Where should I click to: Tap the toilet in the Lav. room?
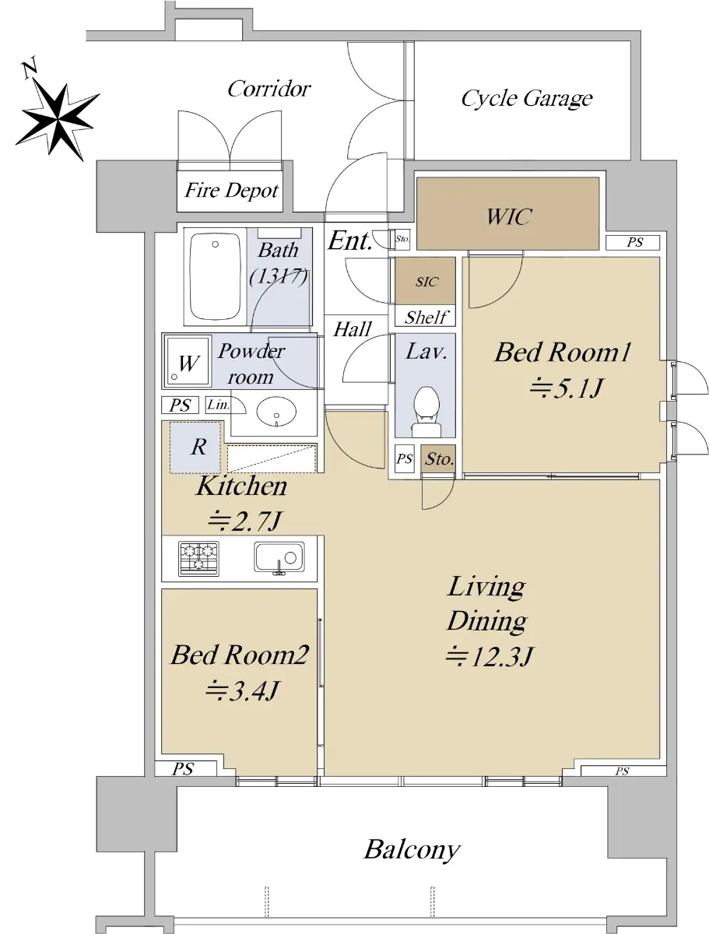(x=426, y=412)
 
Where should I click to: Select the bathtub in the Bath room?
(x=215, y=276)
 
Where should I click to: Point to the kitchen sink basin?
(x=279, y=557)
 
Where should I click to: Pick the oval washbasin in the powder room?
(x=276, y=412)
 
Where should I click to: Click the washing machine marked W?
(x=188, y=361)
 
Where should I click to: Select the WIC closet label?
(x=508, y=216)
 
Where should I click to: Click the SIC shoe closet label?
(x=426, y=282)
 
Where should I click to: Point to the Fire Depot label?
(x=232, y=190)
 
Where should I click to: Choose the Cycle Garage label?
(x=527, y=99)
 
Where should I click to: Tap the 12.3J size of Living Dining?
(x=489, y=655)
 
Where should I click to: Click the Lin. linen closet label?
(x=218, y=404)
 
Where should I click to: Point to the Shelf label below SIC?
(x=426, y=317)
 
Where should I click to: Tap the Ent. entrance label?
(x=349, y=241)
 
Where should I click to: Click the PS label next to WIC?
(x=634, y=243)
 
